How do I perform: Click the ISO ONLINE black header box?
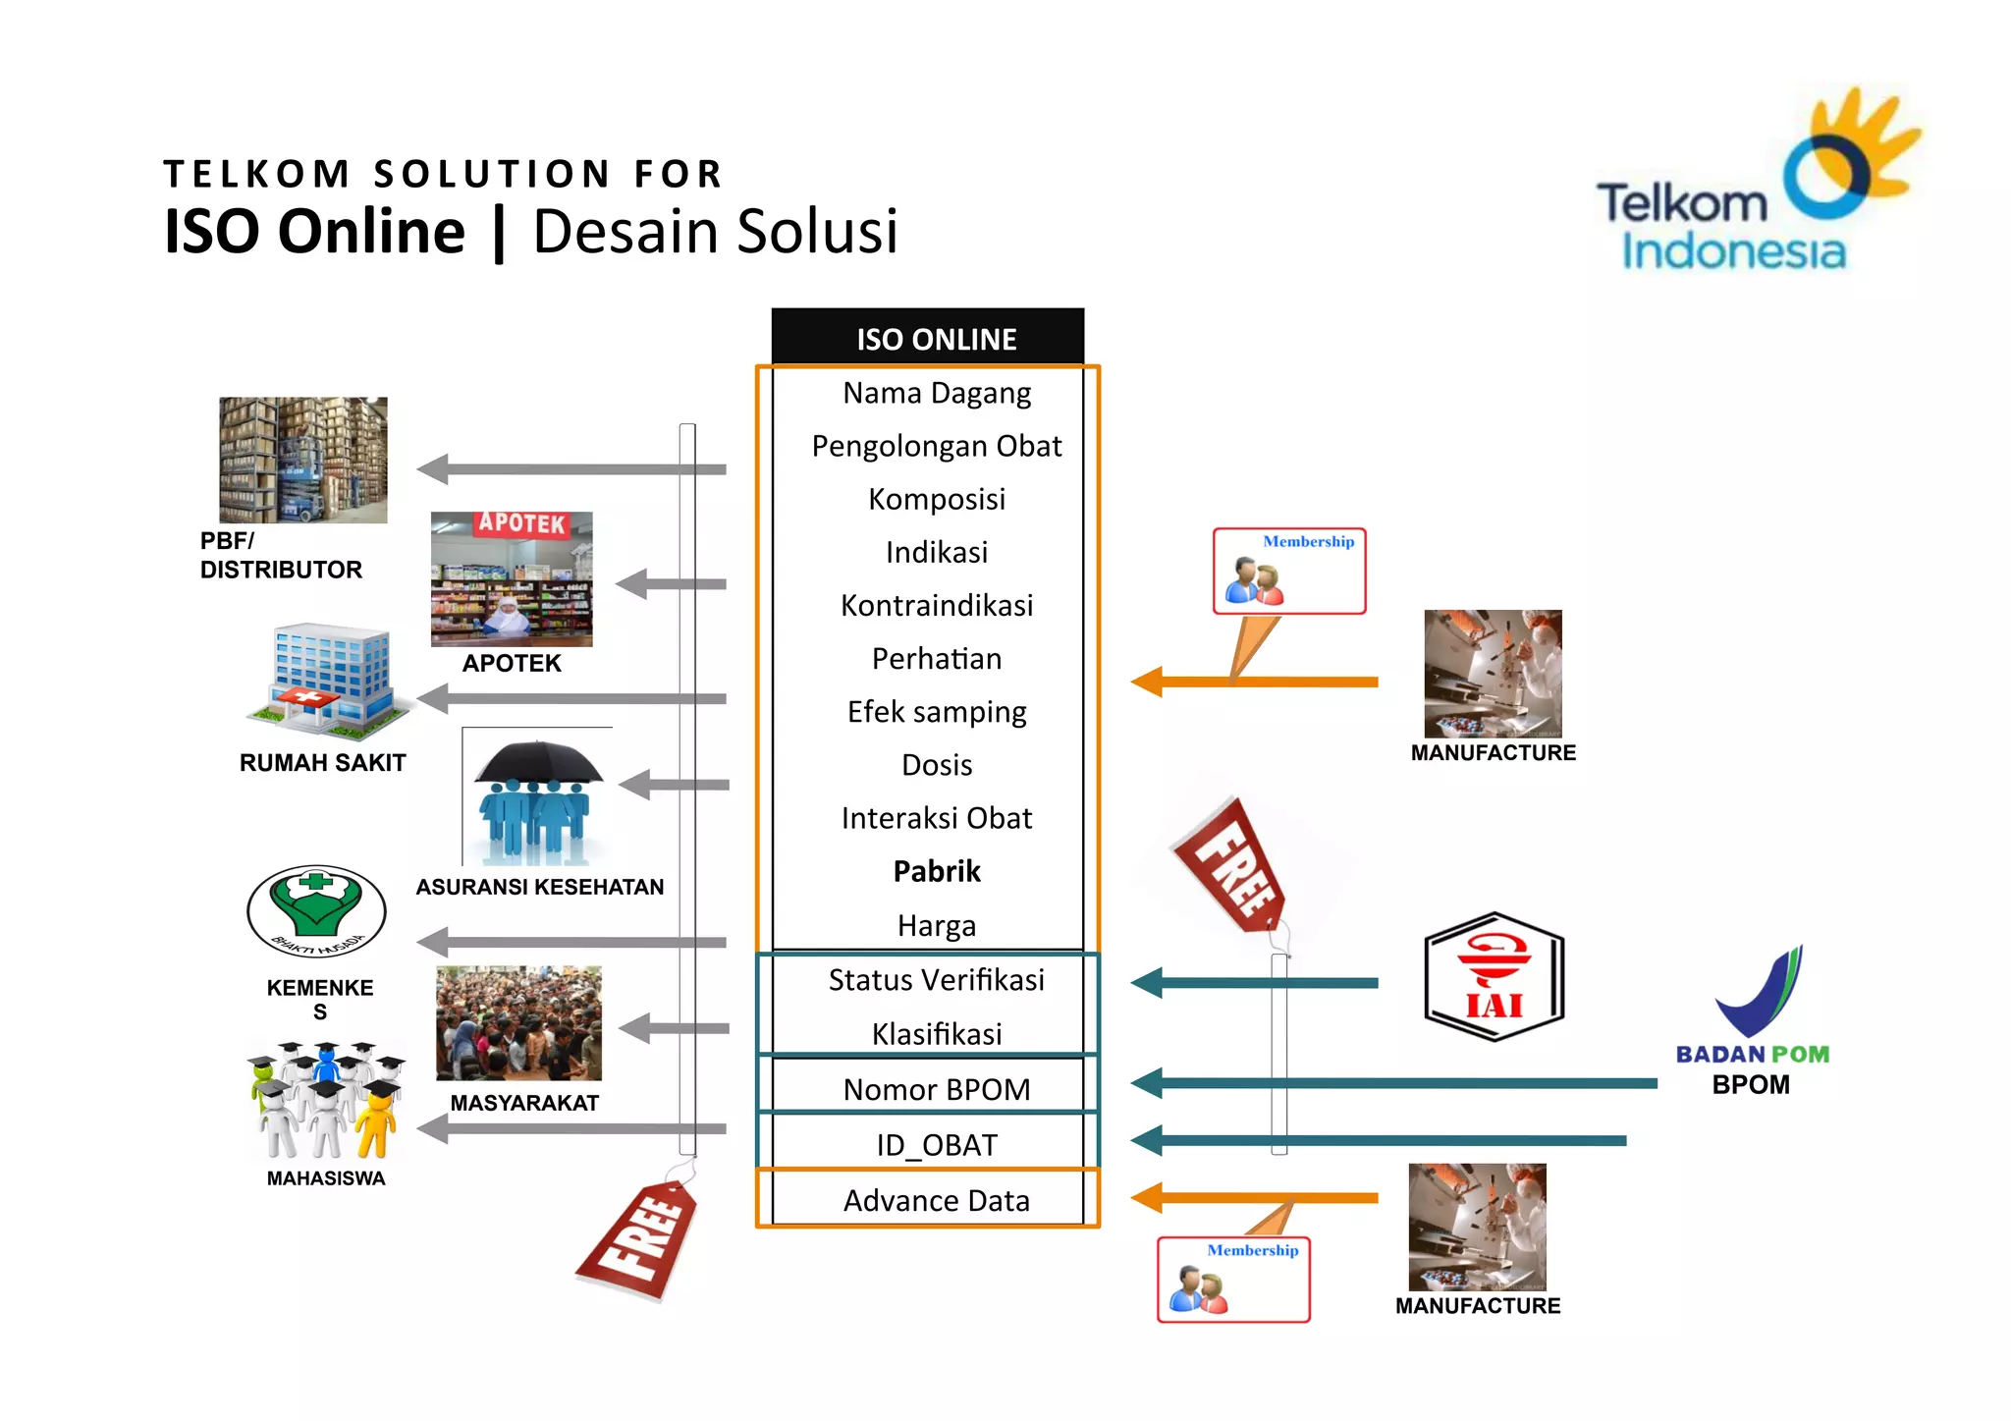(x=928, y=338)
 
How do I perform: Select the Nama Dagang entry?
(x=937, y=394)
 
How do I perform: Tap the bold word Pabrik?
(x=937, y=872)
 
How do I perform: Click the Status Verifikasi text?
(x=936, y=980)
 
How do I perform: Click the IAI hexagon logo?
(x=1494, y=977)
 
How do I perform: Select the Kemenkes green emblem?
(x=316, y=909)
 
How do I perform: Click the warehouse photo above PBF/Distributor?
(x=302, y=460)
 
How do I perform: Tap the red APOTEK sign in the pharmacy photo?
(x=521, y=523)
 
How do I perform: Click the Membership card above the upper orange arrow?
(x=1288, y=571)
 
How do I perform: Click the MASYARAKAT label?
(x=524, y=1103)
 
